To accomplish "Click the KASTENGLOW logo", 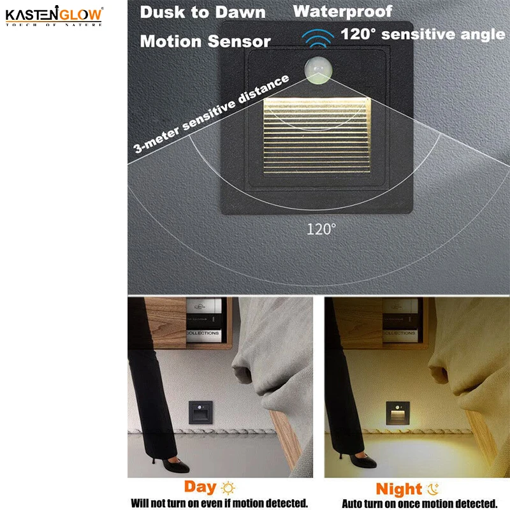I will click(x=54, y=15).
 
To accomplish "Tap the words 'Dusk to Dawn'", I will click(x=203, y=12).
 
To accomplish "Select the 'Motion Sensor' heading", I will click(x=205, y=41).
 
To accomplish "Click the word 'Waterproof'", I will click(x=343, y=11).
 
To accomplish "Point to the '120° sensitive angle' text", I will click(x=423, y=34).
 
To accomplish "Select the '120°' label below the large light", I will click(x=321, y=229).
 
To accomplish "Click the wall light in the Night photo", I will click(x=399, y=414).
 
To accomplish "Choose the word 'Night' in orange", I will click(x=398, y=489).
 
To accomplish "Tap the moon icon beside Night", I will click(x=433, y=489).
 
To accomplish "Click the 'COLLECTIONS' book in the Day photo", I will click(x=203, y=333).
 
